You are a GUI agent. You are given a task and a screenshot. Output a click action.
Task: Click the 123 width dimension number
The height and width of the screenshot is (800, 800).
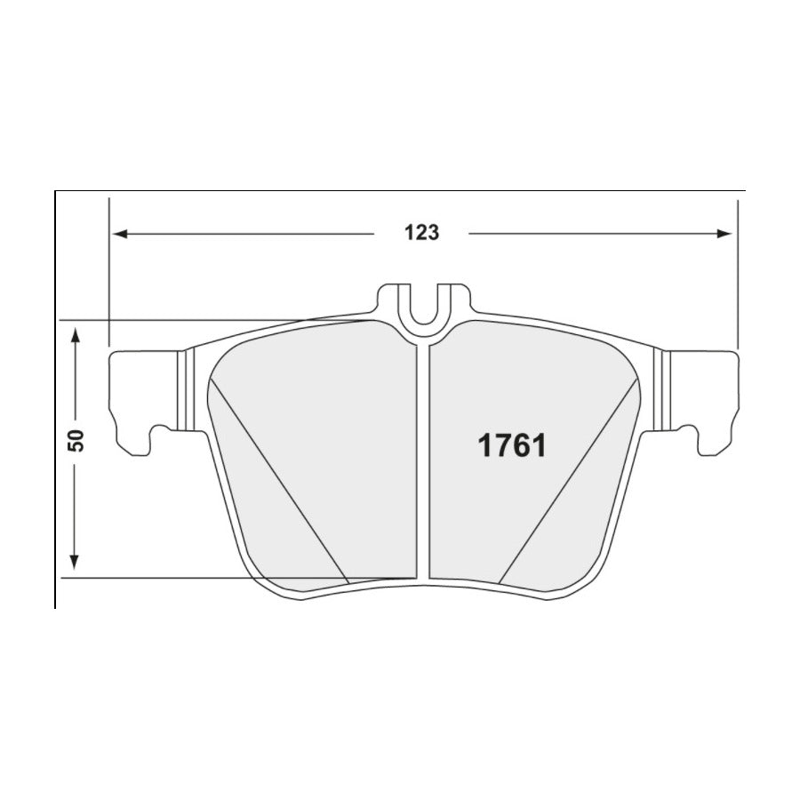point(422,233)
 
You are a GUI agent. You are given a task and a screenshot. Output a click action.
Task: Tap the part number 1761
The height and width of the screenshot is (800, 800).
point(512,444)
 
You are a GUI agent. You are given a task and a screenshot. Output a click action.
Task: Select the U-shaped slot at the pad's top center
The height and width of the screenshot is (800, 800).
point(423,307)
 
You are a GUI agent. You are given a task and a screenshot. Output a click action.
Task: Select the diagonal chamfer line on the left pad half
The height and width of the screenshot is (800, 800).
point(276,480)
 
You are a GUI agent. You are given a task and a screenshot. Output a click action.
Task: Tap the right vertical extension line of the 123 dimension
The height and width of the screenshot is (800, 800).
point(738,276)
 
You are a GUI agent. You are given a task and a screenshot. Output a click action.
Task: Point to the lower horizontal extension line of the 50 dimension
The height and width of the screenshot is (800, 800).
point(178,578)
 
